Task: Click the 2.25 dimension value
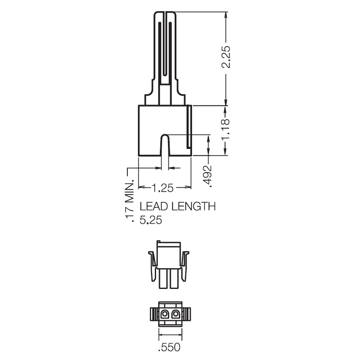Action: tap(226, 57)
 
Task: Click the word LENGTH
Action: tap(195, 206)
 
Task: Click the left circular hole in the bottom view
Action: tap(165, 314)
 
